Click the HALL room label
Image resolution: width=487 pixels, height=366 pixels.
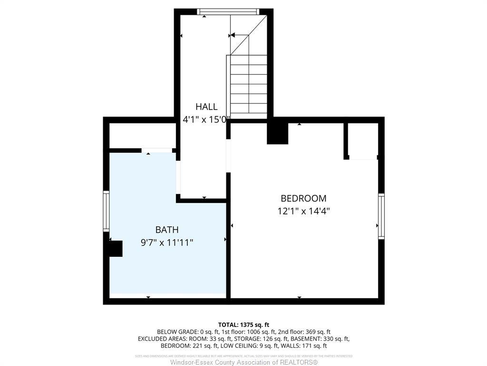pyautogui.click(x=206, y=107)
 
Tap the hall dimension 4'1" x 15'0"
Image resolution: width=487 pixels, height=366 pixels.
pyautogui.click(x=206, y=120)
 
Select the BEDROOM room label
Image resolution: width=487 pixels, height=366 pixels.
pyautogui.click(x=303, y=198)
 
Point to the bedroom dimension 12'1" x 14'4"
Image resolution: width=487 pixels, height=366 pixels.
pyautogui.click(x=303, y=211)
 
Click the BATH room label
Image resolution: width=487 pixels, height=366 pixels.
pyautogui.click(x=167, y=230)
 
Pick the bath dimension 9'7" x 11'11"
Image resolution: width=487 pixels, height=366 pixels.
pyautogui.click(x=167, y=243)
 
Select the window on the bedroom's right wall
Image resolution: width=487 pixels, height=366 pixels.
pyautogui.click(x=381, y=216)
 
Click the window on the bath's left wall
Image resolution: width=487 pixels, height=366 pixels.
pyautogui.click(x=106, y=211)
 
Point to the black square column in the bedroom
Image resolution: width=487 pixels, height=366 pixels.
pyautogui.click(x=278, y=133)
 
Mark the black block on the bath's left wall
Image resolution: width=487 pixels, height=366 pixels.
pyautogui.click(x=115, y=249)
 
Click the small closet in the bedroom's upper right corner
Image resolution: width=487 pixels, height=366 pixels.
pyautogui.click(x=363, y=141)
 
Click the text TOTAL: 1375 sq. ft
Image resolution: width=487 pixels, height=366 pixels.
pyautogui.click(x=243, y=324)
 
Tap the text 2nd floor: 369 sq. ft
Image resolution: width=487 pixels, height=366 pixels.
pyautogui.click(x=304, y=332)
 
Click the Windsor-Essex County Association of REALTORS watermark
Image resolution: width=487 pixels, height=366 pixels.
pyautogui.click(x=243, y=362)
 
